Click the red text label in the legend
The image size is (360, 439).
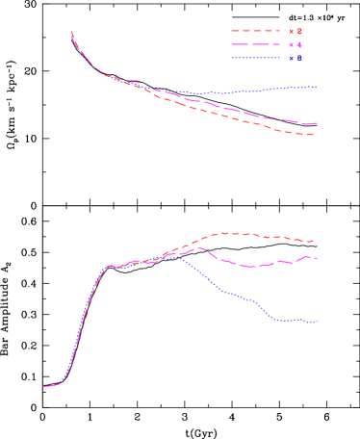(x=296, y=31)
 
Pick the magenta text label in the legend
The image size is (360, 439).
(x=296, y=44)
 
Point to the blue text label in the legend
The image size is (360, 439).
(x=296, y=58)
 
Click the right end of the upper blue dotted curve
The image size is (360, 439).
(x=317, y=87)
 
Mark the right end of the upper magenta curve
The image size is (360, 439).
(x=316, y=123)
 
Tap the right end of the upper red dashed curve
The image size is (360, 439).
(x=314, y=136)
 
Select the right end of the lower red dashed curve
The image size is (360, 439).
(x=314, y=241)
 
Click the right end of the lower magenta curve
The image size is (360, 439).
(x=316, y=258)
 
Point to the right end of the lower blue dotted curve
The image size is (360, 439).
(x=317, y=322)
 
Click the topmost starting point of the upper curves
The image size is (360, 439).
(x=72, y=33)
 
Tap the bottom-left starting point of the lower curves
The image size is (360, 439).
(x=44, y=387)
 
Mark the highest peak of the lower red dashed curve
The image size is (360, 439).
(x=227, y=233)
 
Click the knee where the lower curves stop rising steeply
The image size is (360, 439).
(x=108, y=267)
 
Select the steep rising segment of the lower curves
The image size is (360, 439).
(x=85, y=318)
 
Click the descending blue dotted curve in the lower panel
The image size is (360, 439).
(x=231, y=294)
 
